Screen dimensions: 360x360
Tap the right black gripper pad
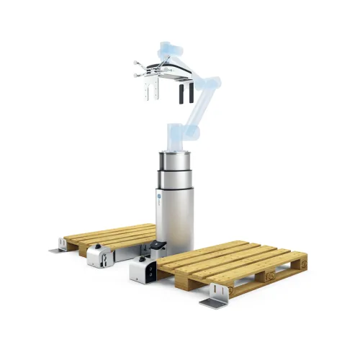189,93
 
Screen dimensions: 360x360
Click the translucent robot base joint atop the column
176,137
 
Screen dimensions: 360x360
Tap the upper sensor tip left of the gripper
135,63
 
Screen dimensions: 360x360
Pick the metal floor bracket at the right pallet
214,299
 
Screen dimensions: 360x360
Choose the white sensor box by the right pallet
142,271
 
